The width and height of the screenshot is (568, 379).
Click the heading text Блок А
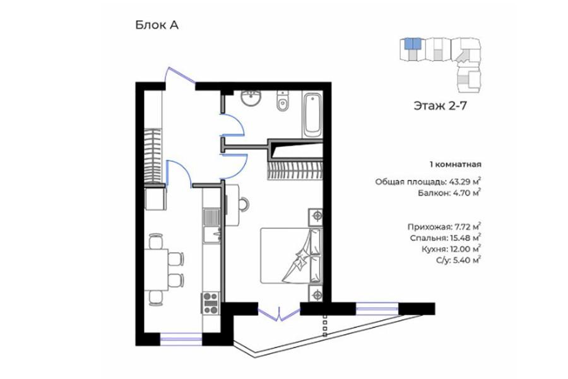click(x=157, y=25)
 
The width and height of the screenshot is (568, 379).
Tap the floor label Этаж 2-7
click(x=440, y=106)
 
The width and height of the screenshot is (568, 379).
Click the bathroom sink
click(x=251, y=98)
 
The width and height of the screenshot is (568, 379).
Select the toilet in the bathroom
click(x=283, y=101)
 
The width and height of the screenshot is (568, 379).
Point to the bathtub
click(x=312, y=114)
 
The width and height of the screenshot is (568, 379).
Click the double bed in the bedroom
click(x=291, y=255)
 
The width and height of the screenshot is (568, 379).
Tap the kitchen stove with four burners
click(x=210, y=303)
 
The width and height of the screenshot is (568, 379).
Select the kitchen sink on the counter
click(x=212, y=226)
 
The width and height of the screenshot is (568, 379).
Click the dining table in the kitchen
click(x=157, y=269)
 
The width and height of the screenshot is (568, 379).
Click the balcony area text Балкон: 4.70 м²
click(x=449, y=193)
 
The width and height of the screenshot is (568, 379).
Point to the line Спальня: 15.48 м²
click(x=446, y=238)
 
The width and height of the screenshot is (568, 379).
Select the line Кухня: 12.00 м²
click(x=451, y=249)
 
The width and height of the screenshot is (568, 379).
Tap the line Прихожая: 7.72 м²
click(x=444, y=227)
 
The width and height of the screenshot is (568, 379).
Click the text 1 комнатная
click(x=456, y=164)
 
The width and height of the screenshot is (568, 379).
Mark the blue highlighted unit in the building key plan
click(x=413, y=44)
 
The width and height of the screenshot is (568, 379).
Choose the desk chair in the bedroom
click(x=243, y=204)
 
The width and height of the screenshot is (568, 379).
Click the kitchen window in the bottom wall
click(x=181, y=339)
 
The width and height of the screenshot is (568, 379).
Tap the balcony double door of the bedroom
click(x=279, y=314)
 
